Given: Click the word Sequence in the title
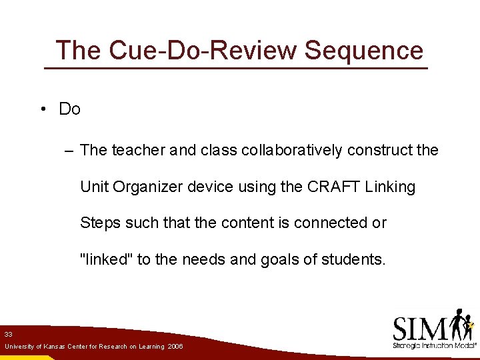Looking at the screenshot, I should click(363, 51).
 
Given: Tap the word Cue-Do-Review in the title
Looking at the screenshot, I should click(176, 51).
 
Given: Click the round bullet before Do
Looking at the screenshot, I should click(42, 109).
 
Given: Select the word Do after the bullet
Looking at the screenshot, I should click(69, 109).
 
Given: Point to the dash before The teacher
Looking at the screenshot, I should click(70, 151).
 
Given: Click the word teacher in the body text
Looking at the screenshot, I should click(138, 151).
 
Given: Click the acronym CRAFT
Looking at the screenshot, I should click(333, 187).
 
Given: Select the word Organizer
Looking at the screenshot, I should click(147, 187).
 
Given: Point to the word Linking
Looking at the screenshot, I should click(390, 187).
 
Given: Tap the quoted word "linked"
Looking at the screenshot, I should click(106, 259).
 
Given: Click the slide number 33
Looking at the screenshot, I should click(8, 333).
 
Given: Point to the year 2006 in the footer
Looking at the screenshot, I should click(175, 347).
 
